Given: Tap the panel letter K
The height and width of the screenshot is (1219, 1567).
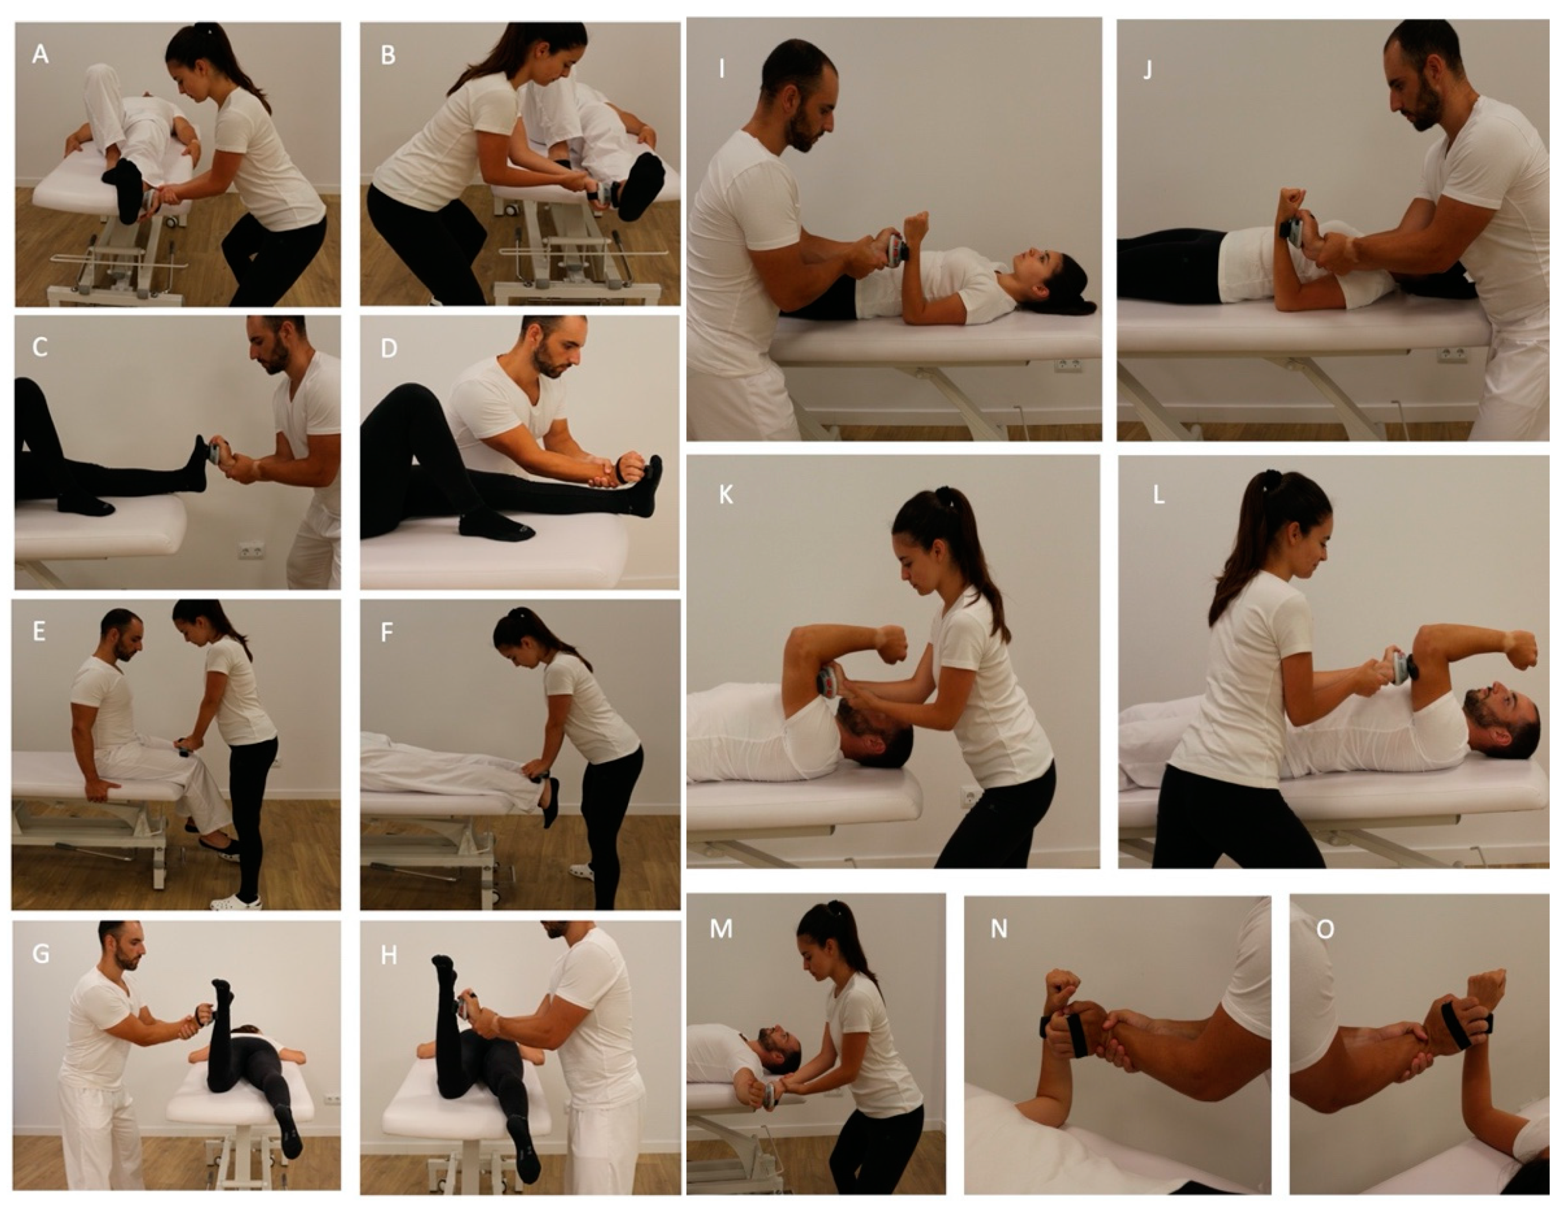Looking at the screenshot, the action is [x=726, y=495].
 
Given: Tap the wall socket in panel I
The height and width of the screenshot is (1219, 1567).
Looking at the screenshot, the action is [x=1063, y=365].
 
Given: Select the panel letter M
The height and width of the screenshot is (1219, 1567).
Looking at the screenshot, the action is [x=721, y=929].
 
